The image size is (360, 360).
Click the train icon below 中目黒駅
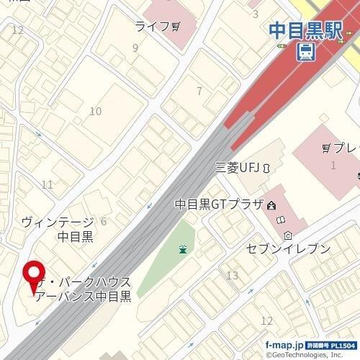(305, 50)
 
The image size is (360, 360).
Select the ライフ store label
(152, 27)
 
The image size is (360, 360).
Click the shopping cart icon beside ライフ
(176, 27)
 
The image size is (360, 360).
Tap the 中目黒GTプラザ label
(219, 205)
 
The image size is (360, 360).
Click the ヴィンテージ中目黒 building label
(58, 229)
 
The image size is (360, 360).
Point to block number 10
(95, 111)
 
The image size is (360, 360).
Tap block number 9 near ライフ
(135, 48)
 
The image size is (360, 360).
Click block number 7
(199, 91)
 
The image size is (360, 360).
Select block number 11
(48, 185)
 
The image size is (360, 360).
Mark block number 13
(232, 276)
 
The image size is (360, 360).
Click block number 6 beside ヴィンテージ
(104, 221)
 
